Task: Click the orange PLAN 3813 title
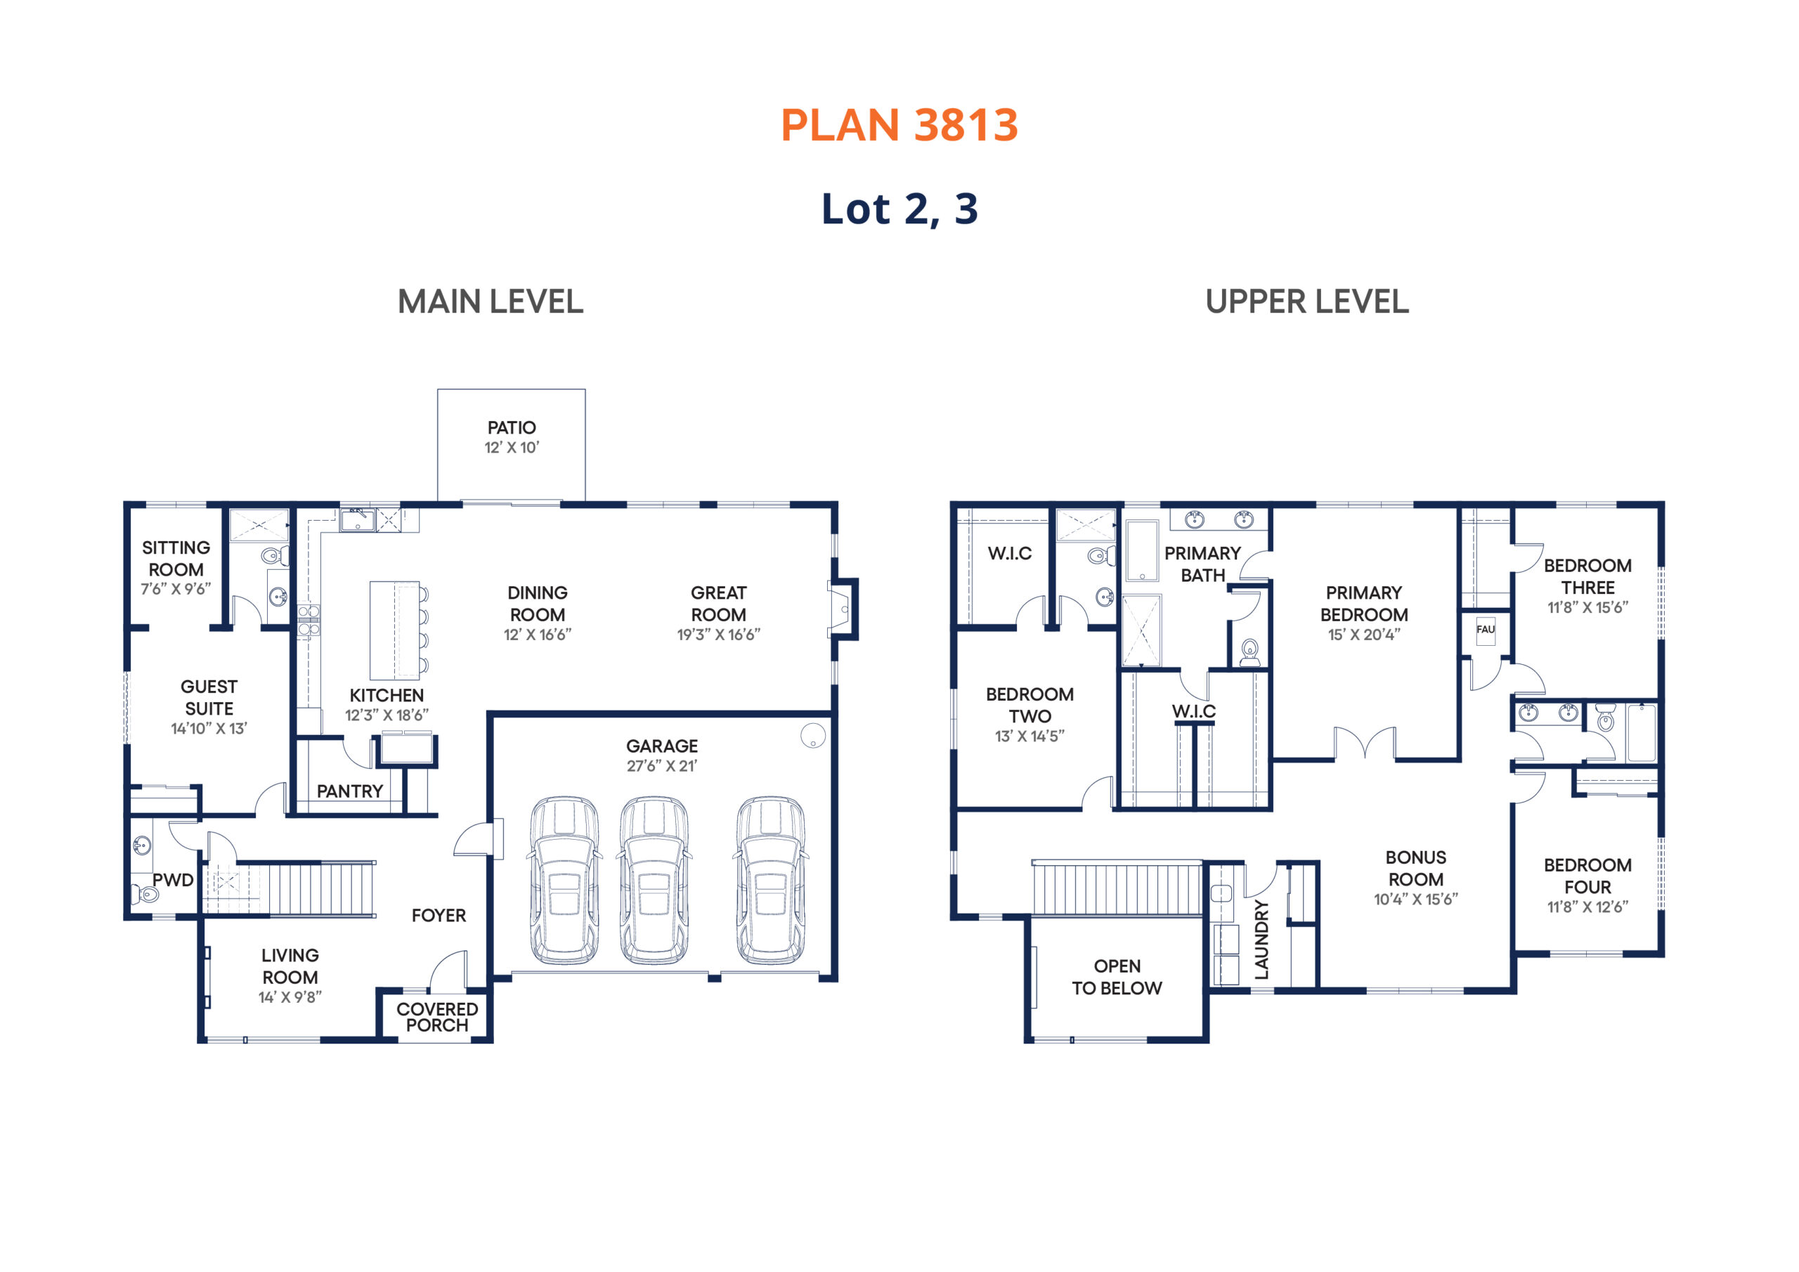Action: (x=899, y=125)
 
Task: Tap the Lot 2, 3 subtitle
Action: (x=899, y=209)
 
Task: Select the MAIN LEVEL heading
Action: (x=491, y=301)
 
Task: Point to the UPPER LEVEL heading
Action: (x=1307, y=301)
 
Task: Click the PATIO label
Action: (x=512, y=428)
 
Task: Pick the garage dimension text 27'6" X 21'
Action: (x=662, y=766)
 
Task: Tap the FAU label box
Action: (x=1486, y=630)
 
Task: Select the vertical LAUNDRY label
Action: (x=1261, y=940)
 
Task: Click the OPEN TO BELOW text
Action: (x=1117, y=978)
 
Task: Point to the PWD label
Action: (x=172, y=880)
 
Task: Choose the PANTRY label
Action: (x=349, y=791)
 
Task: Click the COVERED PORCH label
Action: (x=437, y=1018)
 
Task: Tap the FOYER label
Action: (x=439, y=916)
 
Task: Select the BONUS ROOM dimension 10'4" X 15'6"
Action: (x=1416, y=900)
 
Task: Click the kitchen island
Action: (x=398, y=630)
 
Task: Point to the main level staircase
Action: (x=290, y=888)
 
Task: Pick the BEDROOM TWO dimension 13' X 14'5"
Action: (x=1030, y=736)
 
